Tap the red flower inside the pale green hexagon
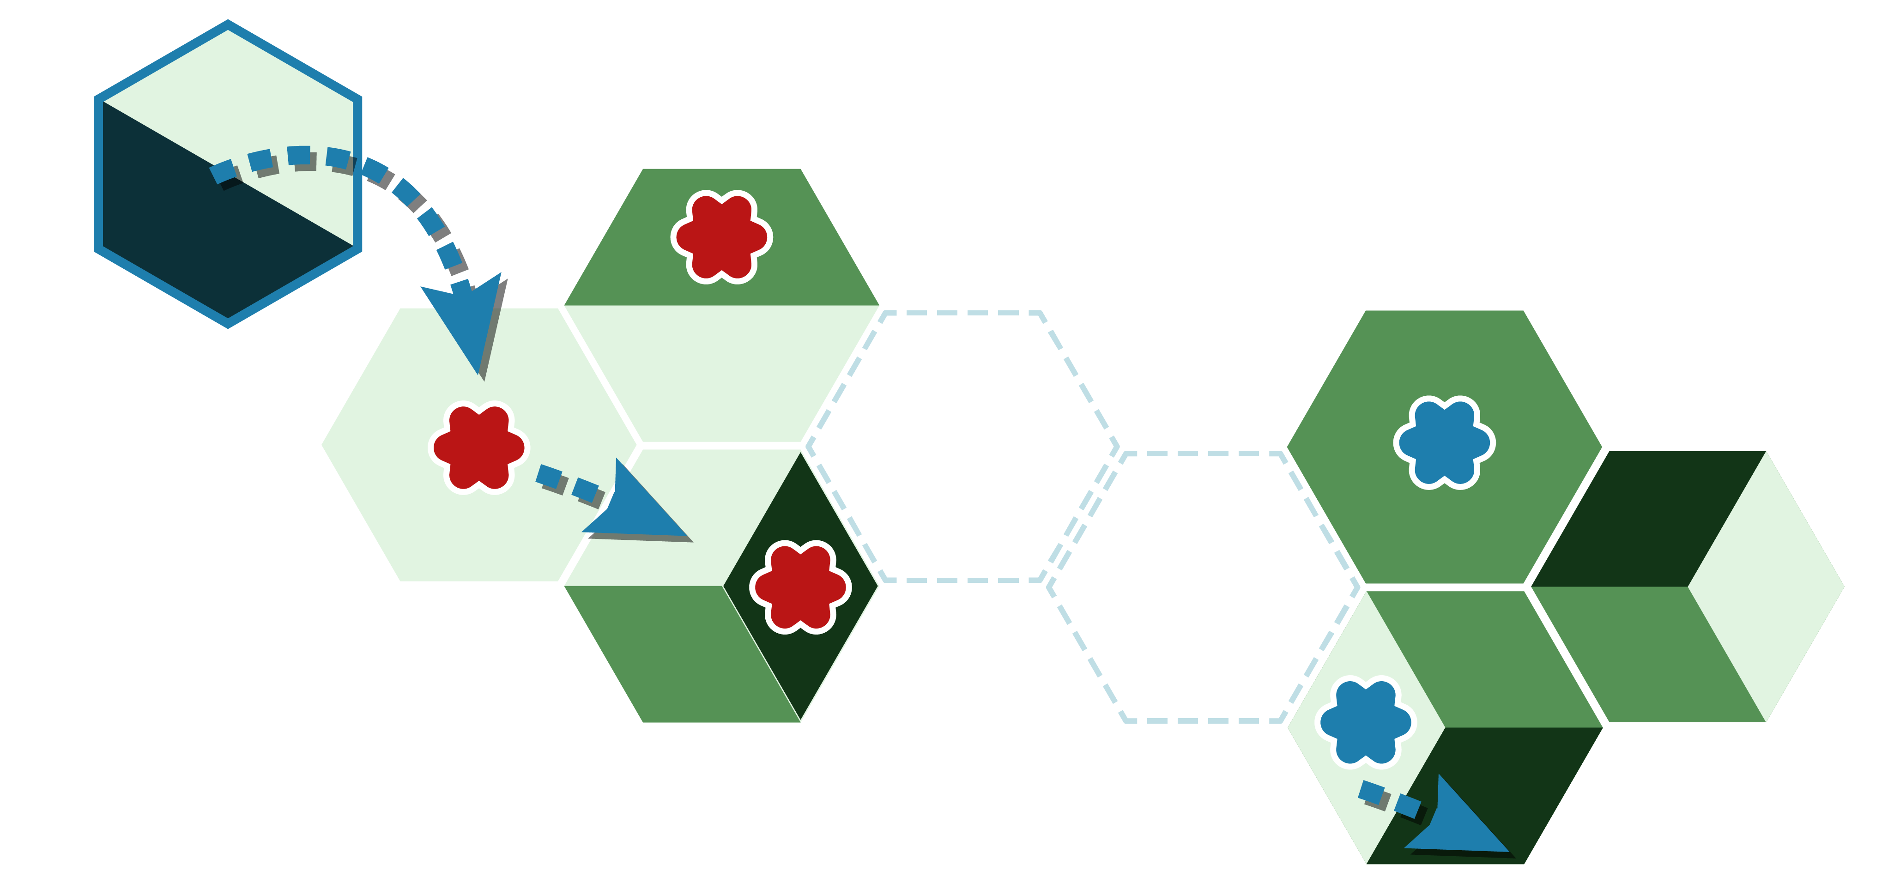(478, 447)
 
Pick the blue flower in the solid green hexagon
(1444, 442)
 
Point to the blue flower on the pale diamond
(1365, 722)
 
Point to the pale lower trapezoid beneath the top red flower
(721, 373)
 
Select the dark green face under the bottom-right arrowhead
(1519, 774)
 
